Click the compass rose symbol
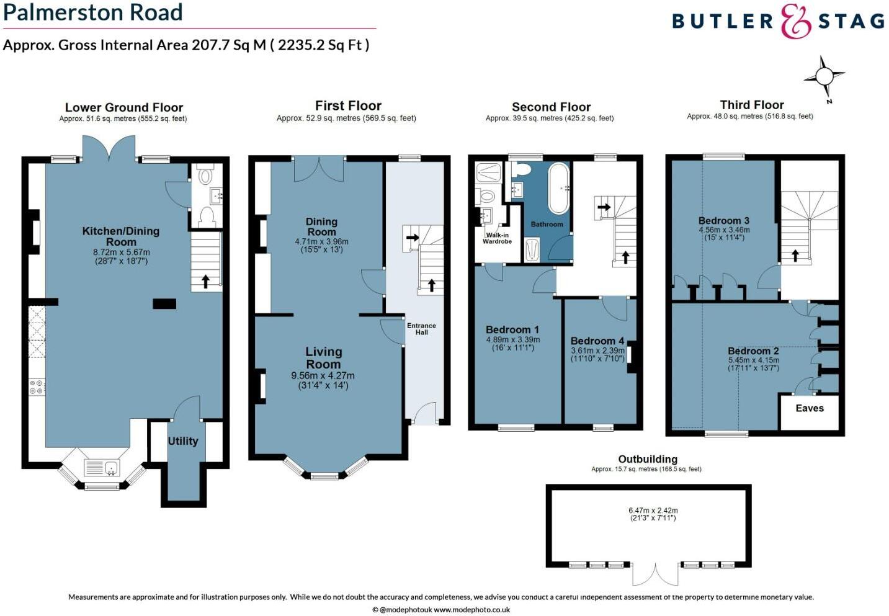(x=824, y=77)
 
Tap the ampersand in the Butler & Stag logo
(x=795, y=21)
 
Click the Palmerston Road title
(x=93, y=12)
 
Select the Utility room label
(x=183, y=441)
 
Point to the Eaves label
(x=810, y=408)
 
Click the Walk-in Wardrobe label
(x=497, y=238)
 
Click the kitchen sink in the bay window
(x=102, y=467)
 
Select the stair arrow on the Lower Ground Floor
(x=205, y=281)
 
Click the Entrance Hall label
(x=421, y=329)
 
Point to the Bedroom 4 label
(x=597, y=341)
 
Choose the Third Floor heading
(x=751, y=105)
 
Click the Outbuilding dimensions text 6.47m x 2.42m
(x=653, y=511)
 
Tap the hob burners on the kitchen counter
(x=37, y=387)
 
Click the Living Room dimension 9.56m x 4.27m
(x=323, y=375)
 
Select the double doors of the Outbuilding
(x=655, y=574)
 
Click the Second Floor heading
(x=551, y=107)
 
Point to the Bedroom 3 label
(x=723, y=220)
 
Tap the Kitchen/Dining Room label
(x=121, y=236)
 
